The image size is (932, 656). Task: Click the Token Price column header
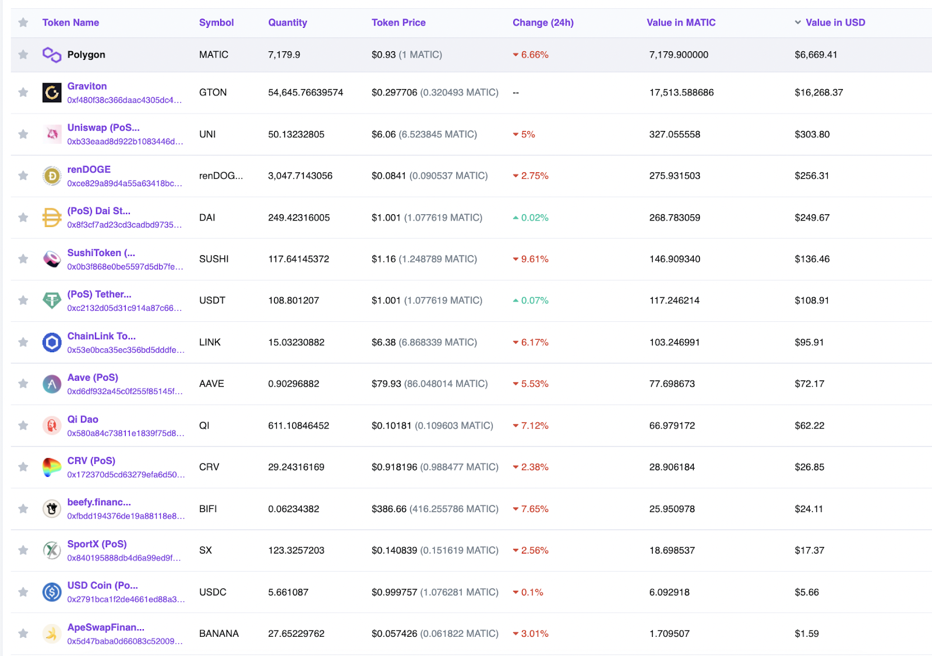[x=398, y=23]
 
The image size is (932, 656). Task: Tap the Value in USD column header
[x=835, y=23]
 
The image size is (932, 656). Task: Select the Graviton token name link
[x=87, y=86]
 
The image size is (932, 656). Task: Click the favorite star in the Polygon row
[x=23, y=55]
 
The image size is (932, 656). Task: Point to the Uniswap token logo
[x=52, y=134]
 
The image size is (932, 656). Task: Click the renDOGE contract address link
[x=124, y=183]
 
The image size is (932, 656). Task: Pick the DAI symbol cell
[x=207, y=218]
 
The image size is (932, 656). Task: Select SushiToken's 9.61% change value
[x=534, y=259]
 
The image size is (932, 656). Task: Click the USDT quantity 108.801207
[x=294, y=300]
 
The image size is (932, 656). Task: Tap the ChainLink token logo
[x=52, y=342]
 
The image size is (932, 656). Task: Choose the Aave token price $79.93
[x=386, y=384]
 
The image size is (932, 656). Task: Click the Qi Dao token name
[x=83, y=419]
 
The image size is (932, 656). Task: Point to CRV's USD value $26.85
[x=809, y=467]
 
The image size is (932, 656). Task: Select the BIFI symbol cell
[x=208, y=509]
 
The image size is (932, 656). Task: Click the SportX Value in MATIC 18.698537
[x=672, y=550]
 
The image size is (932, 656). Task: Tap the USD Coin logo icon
[x=52, y=592]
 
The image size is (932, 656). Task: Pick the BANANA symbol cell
[x=218, y=633]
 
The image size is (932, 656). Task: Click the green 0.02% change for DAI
[x=534, y=218]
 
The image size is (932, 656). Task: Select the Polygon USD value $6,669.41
[x=815, y=55]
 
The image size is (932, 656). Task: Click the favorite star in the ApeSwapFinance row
[x=23, y=633]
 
